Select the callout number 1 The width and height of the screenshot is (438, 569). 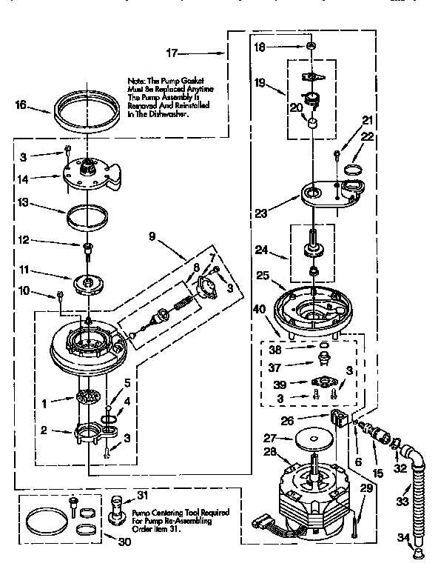pos(45,404)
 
